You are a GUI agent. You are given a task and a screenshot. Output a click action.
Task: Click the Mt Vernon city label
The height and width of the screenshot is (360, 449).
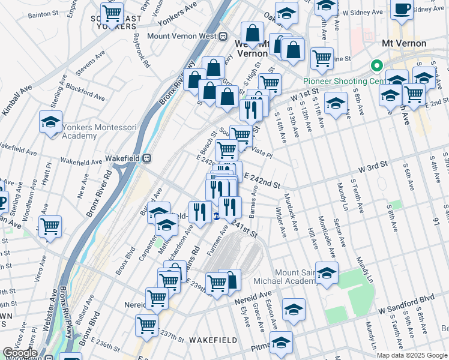point(404,43)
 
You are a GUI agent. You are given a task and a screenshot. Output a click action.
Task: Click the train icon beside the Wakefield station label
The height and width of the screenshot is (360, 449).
point(147,158)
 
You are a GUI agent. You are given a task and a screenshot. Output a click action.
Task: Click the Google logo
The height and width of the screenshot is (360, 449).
point(20,353)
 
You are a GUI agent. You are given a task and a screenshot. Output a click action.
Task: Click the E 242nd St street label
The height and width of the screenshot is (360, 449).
point(262,182)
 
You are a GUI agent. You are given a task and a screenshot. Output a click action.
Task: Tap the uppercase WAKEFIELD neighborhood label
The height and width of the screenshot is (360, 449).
point(210,340)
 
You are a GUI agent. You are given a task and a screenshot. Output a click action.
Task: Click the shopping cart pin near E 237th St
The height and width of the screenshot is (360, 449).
point(146,325)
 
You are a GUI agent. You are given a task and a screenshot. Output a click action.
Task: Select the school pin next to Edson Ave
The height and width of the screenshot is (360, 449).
point(294,309)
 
